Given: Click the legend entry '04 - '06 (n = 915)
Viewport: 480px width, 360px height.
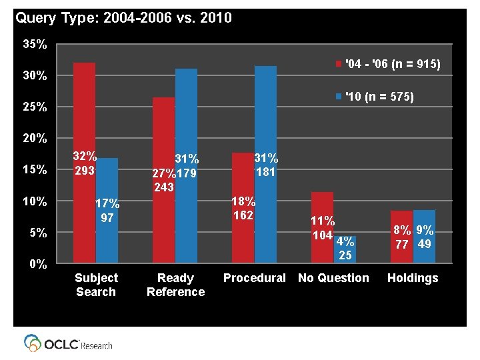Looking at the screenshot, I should click(390, 64).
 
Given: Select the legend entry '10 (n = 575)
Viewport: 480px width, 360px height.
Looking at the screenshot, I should click(377, 97).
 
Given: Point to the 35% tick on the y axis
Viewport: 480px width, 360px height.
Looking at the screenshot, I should click(34, 45).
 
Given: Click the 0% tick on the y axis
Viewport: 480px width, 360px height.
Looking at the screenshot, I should click(37, 264).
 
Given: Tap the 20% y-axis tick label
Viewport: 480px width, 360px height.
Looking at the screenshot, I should click(34, 139).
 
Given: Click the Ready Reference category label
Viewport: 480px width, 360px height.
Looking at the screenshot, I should click(175, 285).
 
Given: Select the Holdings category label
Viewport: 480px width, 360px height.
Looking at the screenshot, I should click(413, 278).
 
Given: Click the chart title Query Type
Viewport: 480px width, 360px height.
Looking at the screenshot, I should click(123, 18).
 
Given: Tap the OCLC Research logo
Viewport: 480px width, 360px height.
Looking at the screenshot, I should click(69, 343).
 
